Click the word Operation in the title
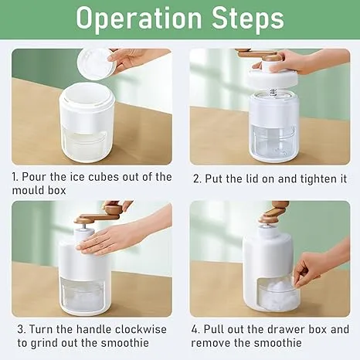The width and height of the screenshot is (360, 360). [x=139, y=18]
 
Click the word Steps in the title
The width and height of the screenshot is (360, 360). [x=248, y=18]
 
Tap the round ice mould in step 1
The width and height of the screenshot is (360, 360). [x=95, y=63]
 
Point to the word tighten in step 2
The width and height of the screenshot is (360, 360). [x=312, y=178]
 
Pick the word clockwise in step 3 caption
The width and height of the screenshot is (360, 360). [x=141, y=329]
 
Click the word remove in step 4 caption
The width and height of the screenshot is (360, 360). [x=211, y=343]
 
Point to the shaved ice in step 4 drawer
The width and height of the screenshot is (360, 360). [x=277, y=293]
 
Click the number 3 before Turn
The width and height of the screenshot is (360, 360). [x=21, y=329]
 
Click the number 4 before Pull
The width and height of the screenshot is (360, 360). [x=195, y=329]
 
